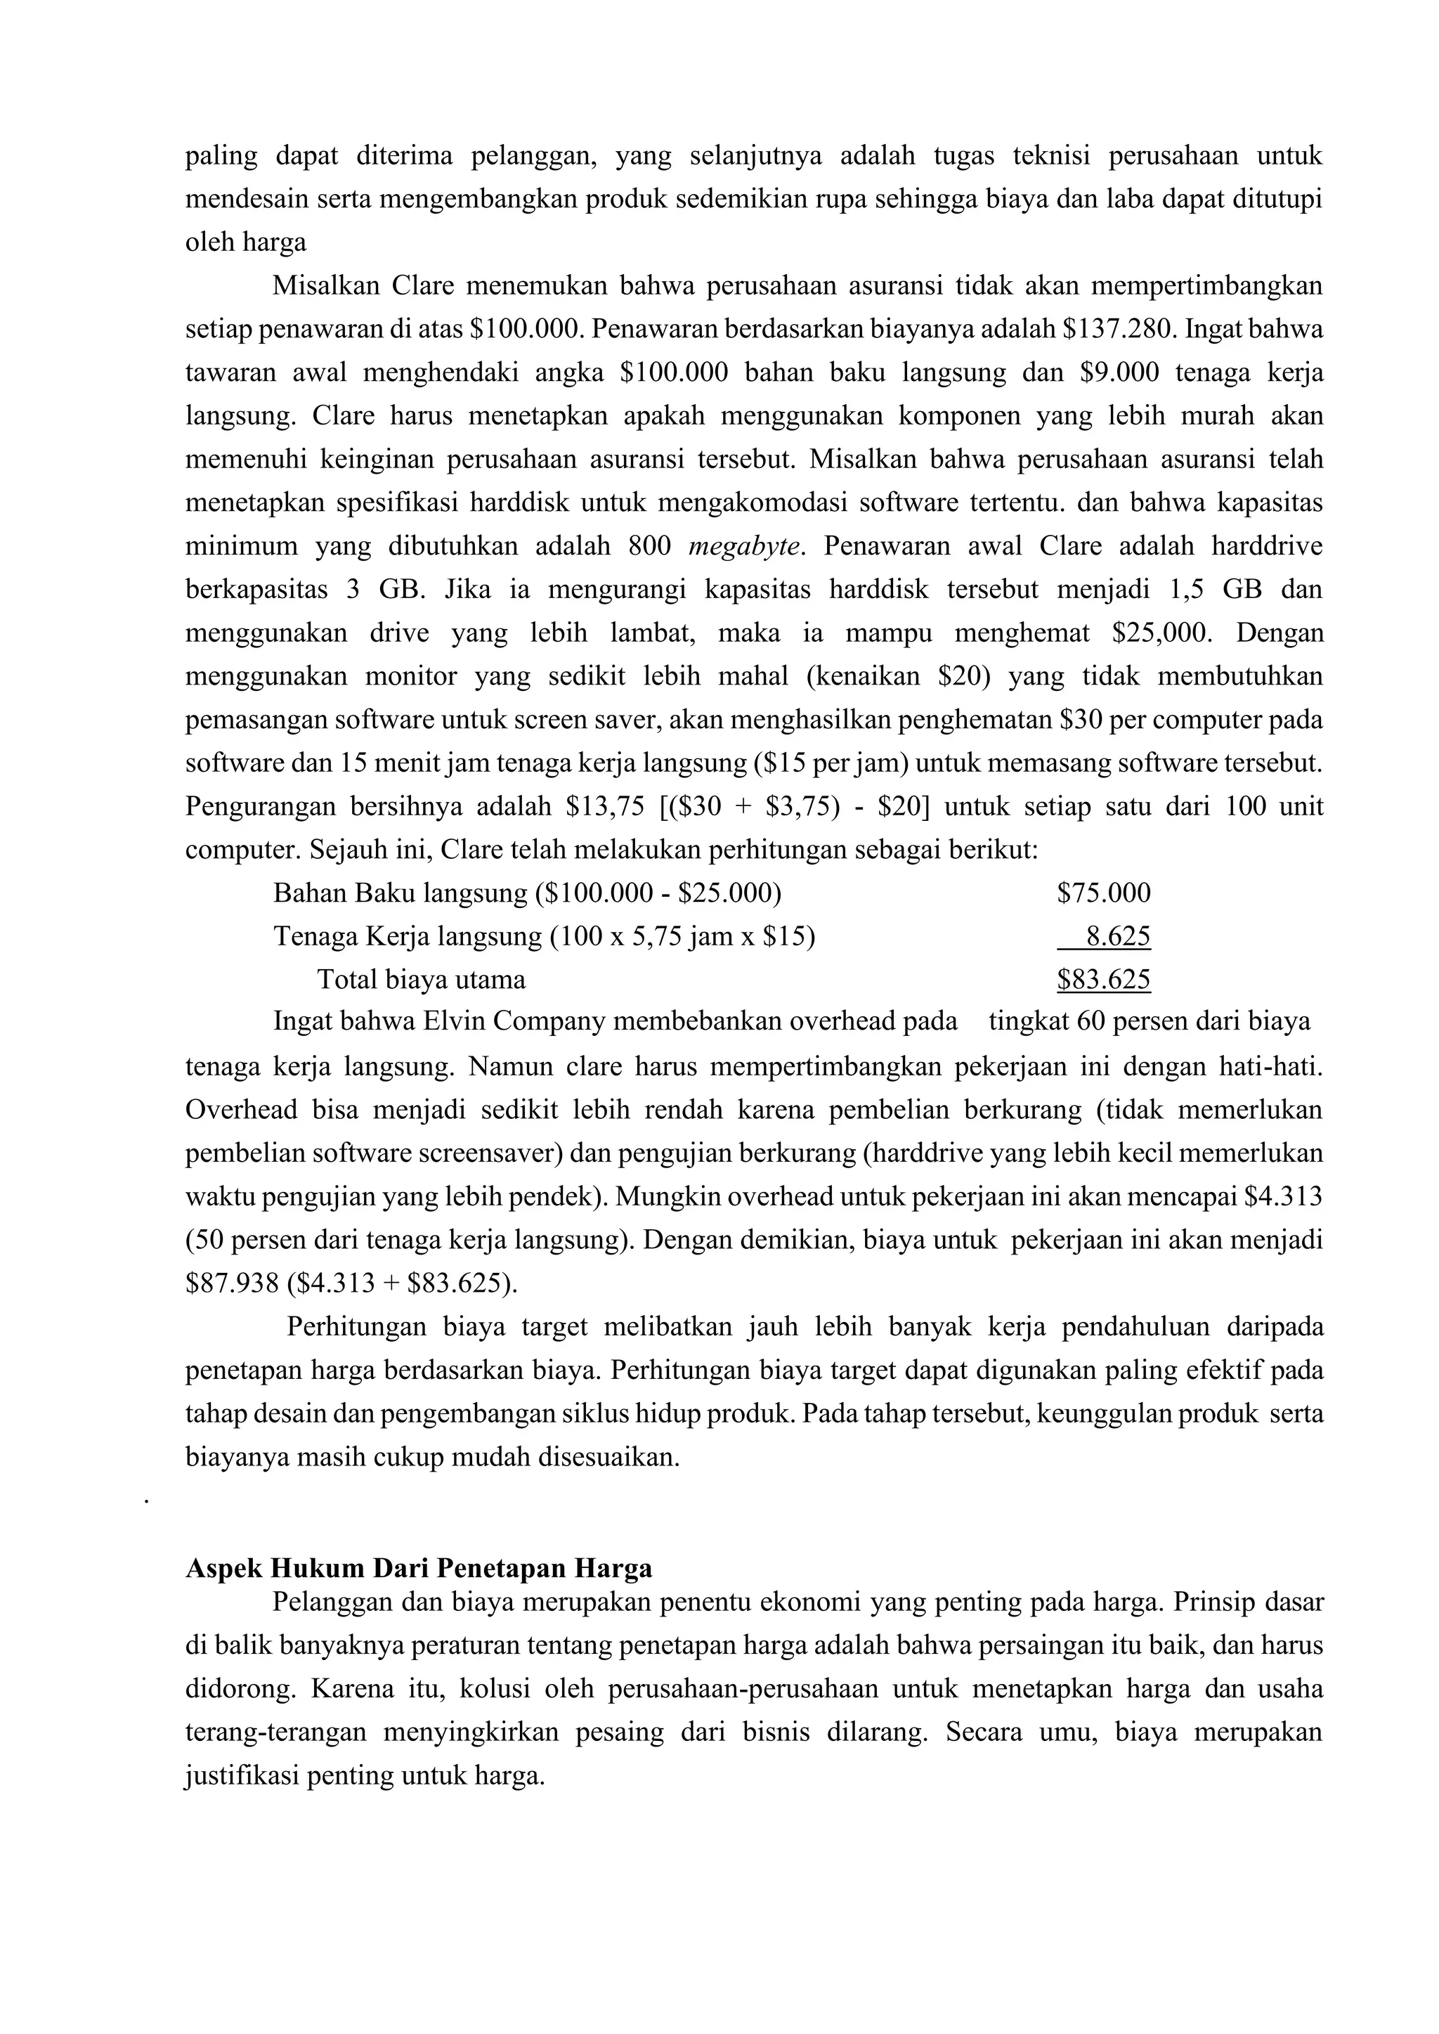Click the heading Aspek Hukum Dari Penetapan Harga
click(418, 1568)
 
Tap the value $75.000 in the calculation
click(1103, 893)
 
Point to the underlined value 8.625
click(1117, 936)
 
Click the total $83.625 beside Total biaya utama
click(1103, 979)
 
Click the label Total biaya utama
click(421, 979)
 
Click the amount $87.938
click(231, 1283)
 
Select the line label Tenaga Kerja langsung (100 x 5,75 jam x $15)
click(544, 936)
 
